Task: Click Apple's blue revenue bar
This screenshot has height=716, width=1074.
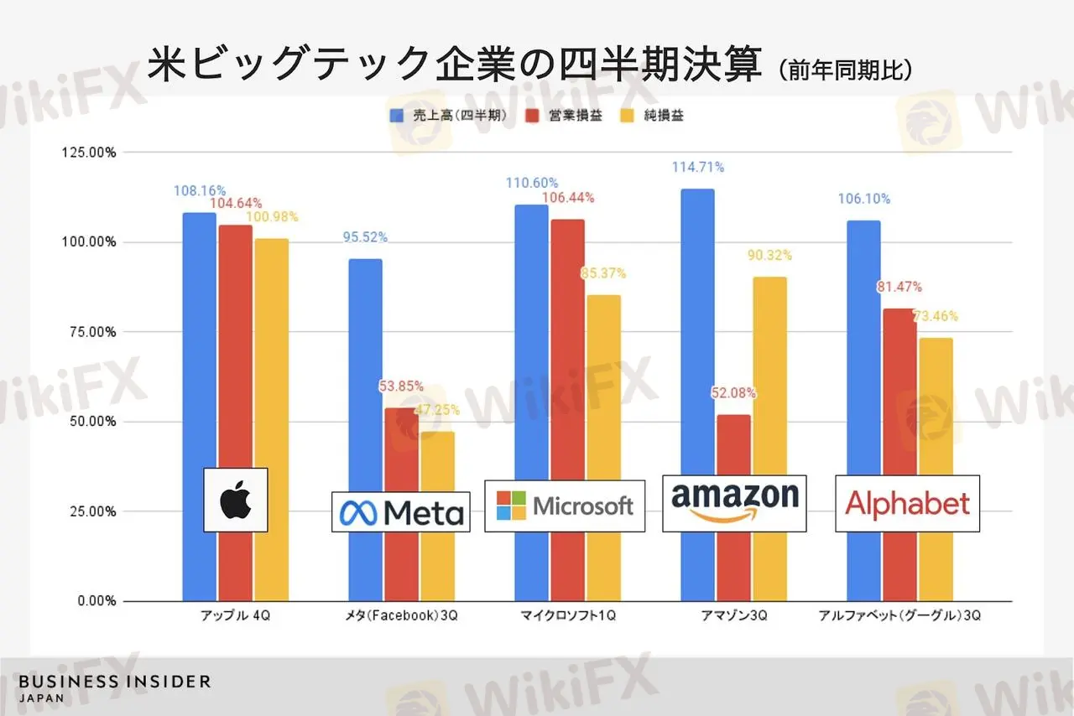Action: [199, 335]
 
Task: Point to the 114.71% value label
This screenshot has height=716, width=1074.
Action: [697, 167]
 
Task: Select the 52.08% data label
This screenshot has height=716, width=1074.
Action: [733, 392]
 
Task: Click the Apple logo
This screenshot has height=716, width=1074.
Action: [236, 500]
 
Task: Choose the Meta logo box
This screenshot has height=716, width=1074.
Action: [400, 511]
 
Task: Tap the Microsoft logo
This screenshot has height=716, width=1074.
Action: [565, 506]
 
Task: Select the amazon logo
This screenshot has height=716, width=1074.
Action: [734, 503]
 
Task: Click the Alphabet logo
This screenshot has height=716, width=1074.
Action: [907, 503]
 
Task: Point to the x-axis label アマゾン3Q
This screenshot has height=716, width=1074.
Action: [734, 616]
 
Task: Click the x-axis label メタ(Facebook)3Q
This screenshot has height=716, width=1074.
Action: [401, 616]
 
